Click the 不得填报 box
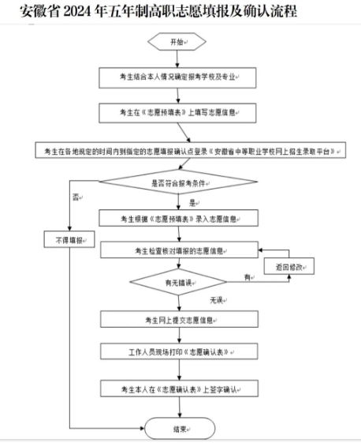(69, 239)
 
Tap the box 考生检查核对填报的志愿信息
(178, 250)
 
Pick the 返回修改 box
(290, 268)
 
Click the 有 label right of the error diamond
(247, 277)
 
